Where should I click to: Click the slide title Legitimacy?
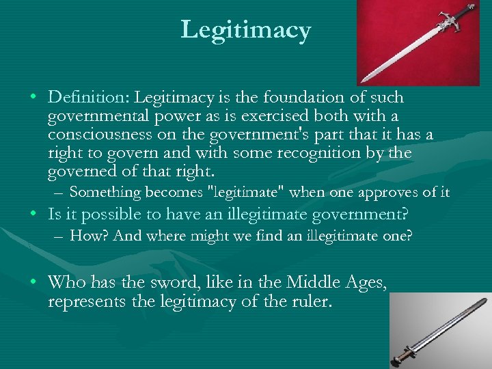[x=246, y=29]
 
